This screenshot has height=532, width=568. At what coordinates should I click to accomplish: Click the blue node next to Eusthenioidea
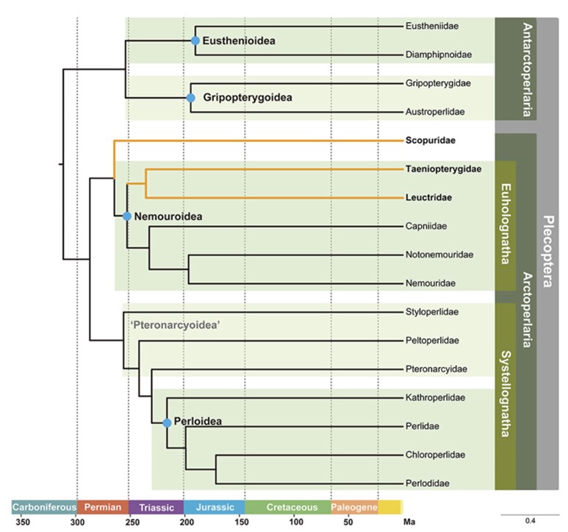coord(195,41)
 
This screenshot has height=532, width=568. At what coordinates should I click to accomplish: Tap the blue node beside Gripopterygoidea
coord(190,97)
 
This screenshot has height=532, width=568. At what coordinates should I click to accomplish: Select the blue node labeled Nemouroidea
coord(126,216)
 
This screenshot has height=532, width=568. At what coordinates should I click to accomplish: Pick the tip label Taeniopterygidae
coord(443,169)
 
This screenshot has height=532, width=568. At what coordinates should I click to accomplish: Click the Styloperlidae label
coord(432,312)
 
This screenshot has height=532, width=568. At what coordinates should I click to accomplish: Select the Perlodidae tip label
coord(427,483)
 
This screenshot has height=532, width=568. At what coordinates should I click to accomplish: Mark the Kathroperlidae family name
coord(435,398)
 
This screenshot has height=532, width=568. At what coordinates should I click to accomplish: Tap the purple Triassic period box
coord(156,507)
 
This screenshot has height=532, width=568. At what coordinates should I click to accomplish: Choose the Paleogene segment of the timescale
coord(354,507)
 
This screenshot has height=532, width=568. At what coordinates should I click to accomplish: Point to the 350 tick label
coord(23,522)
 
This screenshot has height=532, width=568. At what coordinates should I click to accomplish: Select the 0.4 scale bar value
coord(530,522)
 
